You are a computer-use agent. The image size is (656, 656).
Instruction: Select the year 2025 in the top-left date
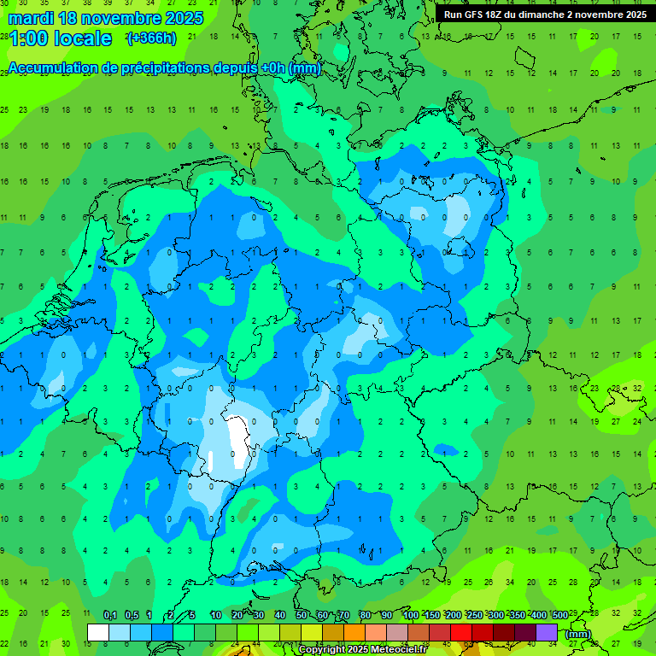coord(182,18)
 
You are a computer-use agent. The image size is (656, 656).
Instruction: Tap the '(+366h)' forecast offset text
coord(151,38)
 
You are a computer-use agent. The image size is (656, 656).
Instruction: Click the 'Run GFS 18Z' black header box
coord(544,15)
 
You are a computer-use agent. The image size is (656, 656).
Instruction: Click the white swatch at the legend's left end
coord(98,632)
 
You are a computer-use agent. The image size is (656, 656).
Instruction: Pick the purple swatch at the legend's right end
coord(547,632)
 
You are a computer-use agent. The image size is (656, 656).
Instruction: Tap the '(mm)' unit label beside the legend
coord(578,634)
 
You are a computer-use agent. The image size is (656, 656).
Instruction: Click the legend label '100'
coord(410,615)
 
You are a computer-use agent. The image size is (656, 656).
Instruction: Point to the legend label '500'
coord(559,615)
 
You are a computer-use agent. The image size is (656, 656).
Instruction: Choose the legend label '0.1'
coord(110,615)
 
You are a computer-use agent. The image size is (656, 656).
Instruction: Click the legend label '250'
coord(474,615)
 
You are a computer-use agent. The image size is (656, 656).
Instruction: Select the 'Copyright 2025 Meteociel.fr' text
coord(362,649)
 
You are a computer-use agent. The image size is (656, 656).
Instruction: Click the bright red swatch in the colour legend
coord(461,632)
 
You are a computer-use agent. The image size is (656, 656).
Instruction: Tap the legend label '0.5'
coord(132,615)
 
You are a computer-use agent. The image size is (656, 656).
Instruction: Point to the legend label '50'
coord(302,615)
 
